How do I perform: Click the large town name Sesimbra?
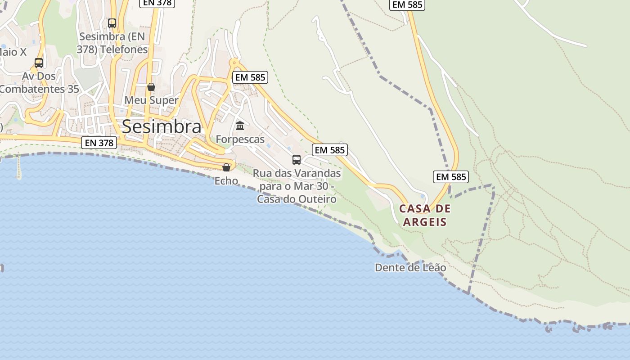162,126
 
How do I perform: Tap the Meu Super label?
151,100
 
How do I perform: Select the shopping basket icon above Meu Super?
151,86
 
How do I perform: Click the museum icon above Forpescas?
240,126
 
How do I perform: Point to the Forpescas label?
240,139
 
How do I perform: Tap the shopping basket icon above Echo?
226,167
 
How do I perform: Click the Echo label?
226,181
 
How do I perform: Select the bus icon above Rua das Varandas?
297,159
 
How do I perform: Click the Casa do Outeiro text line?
297,199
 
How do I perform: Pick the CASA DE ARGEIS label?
425,215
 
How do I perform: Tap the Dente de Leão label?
410,268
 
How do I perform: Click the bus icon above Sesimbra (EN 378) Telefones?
112,23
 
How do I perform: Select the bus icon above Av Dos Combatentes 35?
39,63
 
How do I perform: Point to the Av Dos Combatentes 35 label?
39,82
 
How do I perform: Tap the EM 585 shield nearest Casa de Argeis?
451,177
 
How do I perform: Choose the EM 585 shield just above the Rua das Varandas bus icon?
330,150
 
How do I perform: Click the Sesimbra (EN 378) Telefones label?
112,43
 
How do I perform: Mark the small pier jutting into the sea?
19,167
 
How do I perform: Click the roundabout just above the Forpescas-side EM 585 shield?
234,63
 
